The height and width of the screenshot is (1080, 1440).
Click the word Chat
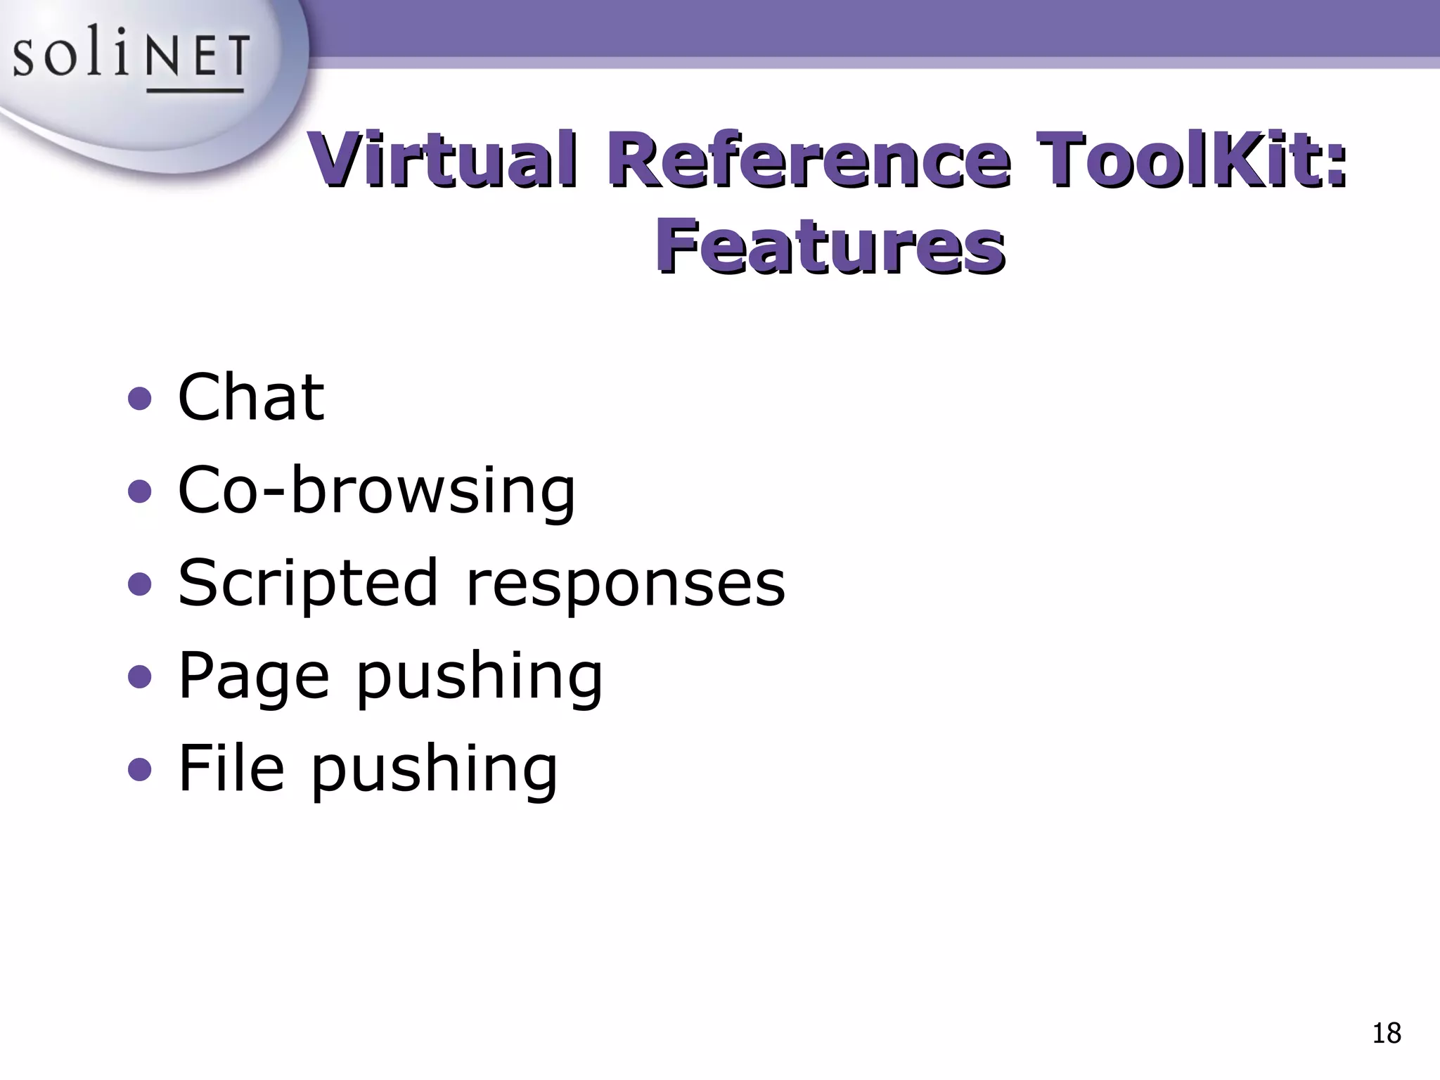coord(251,397)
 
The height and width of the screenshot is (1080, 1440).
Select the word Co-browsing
coord(376,490)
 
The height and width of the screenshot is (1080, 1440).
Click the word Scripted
coord(308,584)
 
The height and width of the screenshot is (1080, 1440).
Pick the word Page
coord(253,676)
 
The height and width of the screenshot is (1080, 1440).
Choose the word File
coord(231,768)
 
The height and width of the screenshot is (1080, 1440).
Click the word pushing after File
coord(434,769)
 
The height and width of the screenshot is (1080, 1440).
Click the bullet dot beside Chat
coord(140,399)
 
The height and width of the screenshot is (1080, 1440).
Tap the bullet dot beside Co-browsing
coord(140,491)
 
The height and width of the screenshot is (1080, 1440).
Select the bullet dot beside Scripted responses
coord(140,584)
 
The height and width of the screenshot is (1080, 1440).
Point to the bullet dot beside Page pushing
coord(140,677)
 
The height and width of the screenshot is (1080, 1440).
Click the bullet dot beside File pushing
coord(140,769)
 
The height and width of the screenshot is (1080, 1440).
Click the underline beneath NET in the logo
coord(195,90)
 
